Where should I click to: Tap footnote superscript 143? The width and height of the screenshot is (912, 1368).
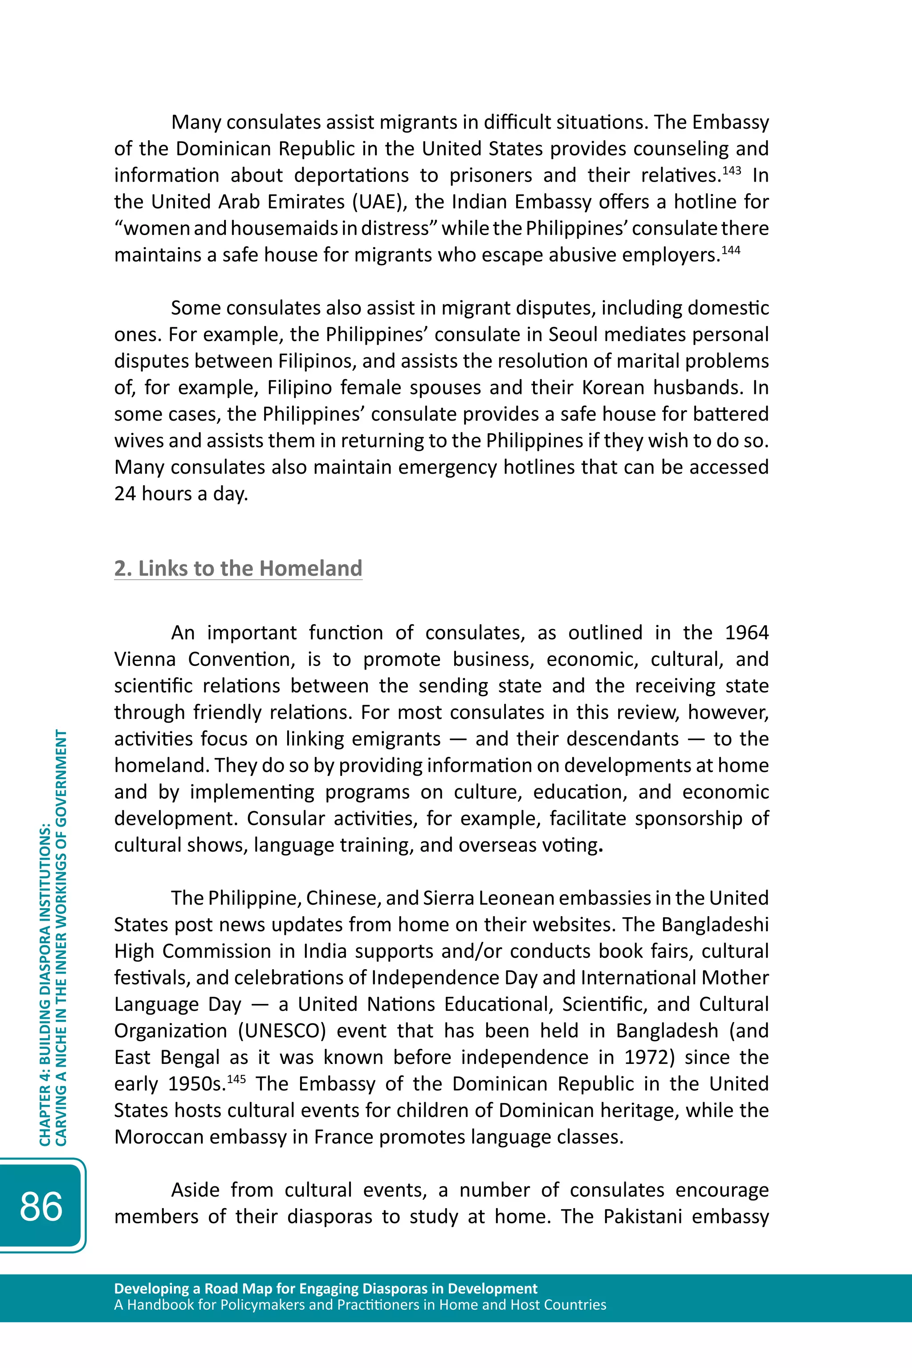(x=731, y=170)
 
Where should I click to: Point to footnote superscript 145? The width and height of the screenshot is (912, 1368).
(x=236, y=1079)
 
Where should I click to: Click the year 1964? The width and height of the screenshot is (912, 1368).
(x=747, y=633)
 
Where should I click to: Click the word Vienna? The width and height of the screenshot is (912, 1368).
(x=145, y=659)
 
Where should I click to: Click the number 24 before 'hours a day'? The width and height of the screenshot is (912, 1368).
(x=125, y=494)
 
